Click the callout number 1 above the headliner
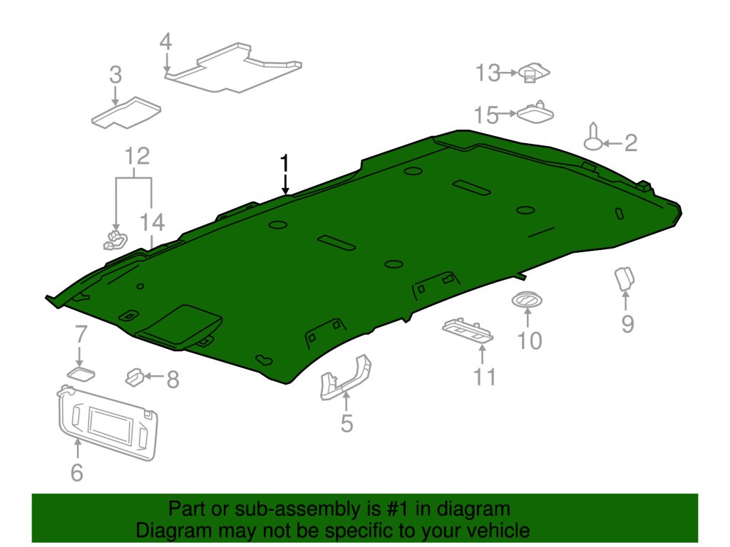point(285,164)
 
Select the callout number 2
point(630,144)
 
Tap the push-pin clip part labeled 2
point(593,138)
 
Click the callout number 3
point(115,75)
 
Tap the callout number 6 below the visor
point(76,472)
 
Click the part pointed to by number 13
point(534,72)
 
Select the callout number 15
point(488,114)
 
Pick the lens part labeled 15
point(536,113)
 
